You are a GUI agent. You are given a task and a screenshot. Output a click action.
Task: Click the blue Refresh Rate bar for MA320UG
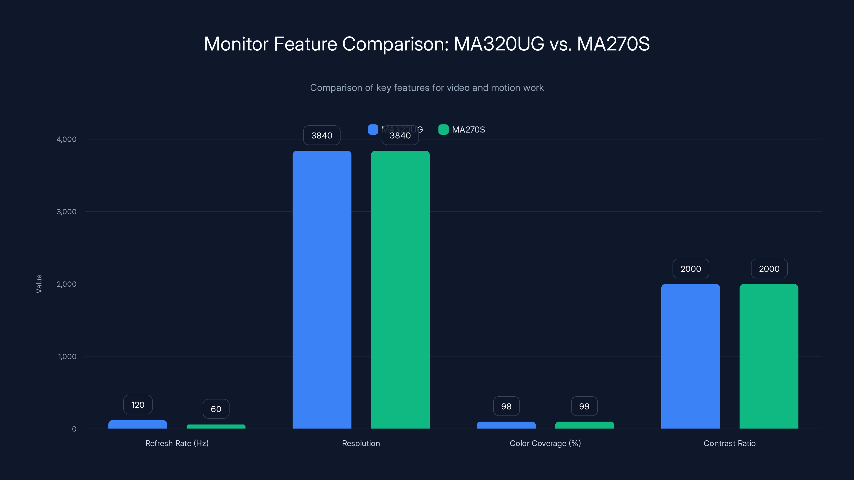click(138, 424)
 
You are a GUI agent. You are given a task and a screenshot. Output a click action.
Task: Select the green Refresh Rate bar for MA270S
click(216, 427)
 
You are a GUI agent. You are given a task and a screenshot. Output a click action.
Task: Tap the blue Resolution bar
click(322, 290)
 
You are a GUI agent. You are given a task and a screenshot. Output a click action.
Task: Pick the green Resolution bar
click(400, 290)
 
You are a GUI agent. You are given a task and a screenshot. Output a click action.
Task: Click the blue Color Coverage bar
click(506, 425)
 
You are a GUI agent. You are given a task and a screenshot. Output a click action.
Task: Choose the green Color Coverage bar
click(584, 425)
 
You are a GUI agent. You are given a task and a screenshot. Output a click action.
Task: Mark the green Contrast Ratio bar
click(769, 356)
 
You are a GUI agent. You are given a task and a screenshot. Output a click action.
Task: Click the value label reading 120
click(138, 405)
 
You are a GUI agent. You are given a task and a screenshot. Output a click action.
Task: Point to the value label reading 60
click(216, 409)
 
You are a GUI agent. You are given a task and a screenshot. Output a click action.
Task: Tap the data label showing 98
click(506, 406)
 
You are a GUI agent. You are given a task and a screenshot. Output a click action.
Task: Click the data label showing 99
click(584, 406)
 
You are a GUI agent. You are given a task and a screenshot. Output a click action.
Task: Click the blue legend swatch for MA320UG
click(373, 130)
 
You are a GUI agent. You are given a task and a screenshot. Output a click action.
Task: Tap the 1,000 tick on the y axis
click(67, 357)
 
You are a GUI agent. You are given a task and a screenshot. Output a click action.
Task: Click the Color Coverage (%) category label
click(545, 443)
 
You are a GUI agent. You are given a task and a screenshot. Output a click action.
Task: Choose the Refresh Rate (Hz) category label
click(177, 443)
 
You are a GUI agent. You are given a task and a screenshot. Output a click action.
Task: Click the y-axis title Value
click(39, 283)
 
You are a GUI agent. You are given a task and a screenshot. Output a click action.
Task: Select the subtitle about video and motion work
click(427, 87)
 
